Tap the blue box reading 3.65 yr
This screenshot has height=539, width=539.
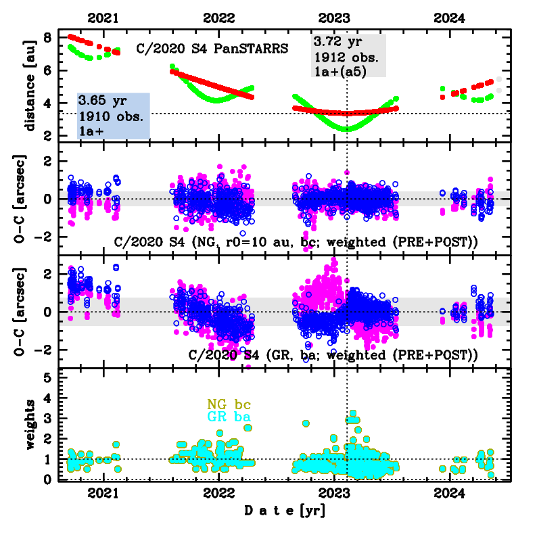(x=113, y=116)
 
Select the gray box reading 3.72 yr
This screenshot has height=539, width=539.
(x=348, y=55)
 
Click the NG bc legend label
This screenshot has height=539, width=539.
(x=229, y=404)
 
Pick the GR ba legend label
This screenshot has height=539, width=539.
(x=229, y=418)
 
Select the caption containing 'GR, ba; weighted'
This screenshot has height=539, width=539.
(x=333, y=354)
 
